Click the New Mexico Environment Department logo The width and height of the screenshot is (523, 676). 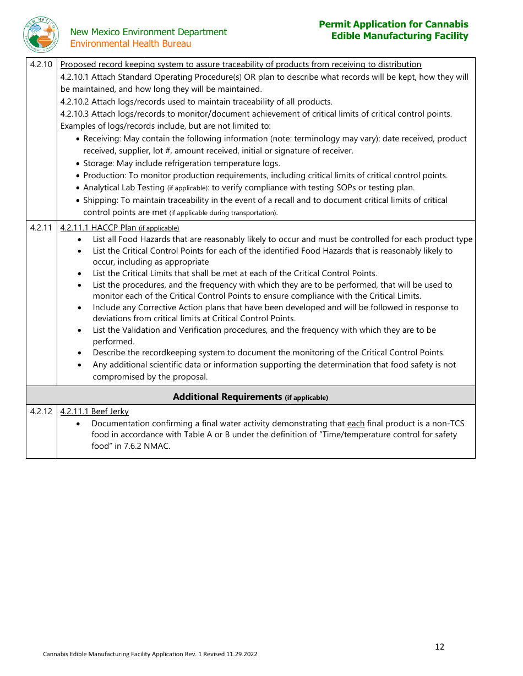click(x=41, y=34)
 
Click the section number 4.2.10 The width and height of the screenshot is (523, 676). click(x=41, y=64)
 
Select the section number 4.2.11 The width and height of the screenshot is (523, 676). click(x=41, y=227)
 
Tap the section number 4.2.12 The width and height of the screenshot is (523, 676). click(x=41, y=411)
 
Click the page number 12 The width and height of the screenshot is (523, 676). click(x=439, y=647)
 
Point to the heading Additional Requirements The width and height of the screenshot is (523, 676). click(x=227, y=397)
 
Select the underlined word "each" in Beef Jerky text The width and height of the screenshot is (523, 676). click(x=356, y=424)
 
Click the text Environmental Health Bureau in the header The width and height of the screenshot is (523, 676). click(x=130, y=43)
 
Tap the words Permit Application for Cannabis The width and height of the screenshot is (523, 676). click(x=393, y=24)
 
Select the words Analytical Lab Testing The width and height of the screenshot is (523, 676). click(x=124, y=188)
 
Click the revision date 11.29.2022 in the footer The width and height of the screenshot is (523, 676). click(x=238, y=654)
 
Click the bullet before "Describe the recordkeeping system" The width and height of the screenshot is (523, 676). click(x=80, y=353)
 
